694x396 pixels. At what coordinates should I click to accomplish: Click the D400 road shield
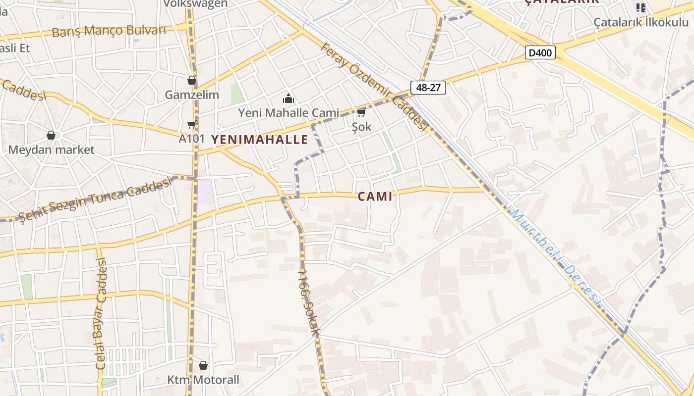(x=540, y=52)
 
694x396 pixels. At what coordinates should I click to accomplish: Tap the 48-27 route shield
(x=428, y=88)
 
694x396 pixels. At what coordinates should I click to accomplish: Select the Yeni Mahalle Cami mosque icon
(x=288, y=99)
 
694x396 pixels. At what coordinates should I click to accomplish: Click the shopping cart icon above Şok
(x=361, y=113)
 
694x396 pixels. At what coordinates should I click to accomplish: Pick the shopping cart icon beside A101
(x=191, y=124)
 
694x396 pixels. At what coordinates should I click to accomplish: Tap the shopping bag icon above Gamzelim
(x=192, y=80)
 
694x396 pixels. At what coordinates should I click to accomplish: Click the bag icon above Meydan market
(x=51, y=135)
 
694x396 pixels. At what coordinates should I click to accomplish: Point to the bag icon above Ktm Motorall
(x=203, y=365)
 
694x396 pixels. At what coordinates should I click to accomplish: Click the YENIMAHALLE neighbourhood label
(x=260, y=140)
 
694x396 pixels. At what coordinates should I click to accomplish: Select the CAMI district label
(x=375, y=197)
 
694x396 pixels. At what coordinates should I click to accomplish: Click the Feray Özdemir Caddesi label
(x=374, y=87)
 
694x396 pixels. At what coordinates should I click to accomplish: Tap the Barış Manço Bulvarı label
(x=109, y=31)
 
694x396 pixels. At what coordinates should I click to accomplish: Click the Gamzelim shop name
(x=192, y=95)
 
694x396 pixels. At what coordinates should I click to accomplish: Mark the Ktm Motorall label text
(x=203, y=380)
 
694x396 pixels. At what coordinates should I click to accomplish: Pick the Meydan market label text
(x=51, y=149)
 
